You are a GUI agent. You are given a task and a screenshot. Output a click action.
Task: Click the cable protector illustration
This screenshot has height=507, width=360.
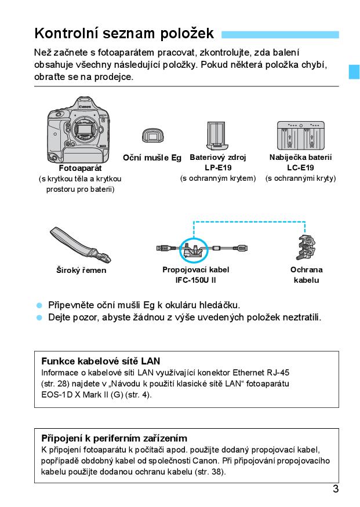pos(306,250)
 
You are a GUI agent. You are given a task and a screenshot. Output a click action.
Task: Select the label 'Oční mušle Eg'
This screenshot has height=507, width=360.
pos(152,158)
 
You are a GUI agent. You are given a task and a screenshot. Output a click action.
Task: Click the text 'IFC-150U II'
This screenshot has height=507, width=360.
pos(196,280)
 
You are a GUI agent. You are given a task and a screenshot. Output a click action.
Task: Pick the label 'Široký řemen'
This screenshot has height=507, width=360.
pos(81,270)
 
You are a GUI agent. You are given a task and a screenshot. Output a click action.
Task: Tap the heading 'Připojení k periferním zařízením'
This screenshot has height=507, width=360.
pos(114,438)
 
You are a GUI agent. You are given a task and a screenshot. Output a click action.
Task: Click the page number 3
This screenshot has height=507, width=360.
pos(336,488)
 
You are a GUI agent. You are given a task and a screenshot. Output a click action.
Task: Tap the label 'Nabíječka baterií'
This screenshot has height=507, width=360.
pos(300,157)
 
